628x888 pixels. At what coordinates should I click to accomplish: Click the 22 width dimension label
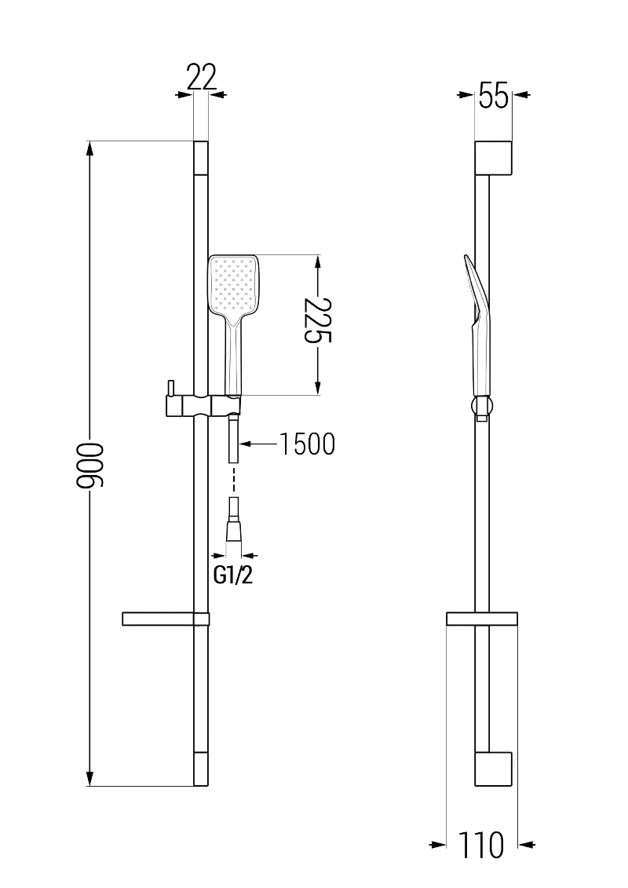(x=200, y=78)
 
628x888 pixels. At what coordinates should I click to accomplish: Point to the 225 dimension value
(x=319, y=321)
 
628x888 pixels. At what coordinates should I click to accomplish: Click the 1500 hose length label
(x=307, y=444)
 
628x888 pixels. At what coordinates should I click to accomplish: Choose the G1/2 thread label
(x=233, y=575)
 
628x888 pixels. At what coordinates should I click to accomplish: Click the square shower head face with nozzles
(x=233, y=285)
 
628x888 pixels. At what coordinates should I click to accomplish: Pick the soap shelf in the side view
(x=481, y=619)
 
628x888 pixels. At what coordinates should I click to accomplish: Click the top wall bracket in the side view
(x=494, y=158)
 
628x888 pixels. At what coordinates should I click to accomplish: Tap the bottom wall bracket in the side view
(x=494, y=769)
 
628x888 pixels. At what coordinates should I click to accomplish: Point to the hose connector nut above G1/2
(x=234, y=532)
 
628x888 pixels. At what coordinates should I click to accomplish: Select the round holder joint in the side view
(x=482, y=407)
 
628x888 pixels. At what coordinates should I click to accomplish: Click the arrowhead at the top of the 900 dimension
(x=90, y=149)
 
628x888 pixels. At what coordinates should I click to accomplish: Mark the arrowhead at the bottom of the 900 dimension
(x=90, y=777)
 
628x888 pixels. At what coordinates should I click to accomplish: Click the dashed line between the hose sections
(x=234, y=481)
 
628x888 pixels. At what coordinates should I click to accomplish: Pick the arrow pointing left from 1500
(x=246, y=444)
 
